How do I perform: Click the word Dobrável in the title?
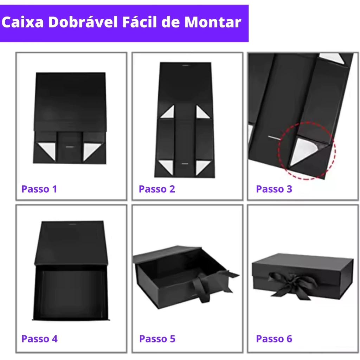pyautogui.click(x=83, y=22)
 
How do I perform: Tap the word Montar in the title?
pyautogui.click(x=213, y=22)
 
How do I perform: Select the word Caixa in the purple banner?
pyautogui.click(x=22, y=22)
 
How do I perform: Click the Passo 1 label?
pyautogui.click(x=39, y=189)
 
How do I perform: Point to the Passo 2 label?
pyautogui.click(x=157, y=189)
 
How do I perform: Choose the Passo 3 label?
pyautogui.click(x=274, y=189)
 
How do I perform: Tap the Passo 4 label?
pyautogui.click(x=39, y=339)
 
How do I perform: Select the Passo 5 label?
pyautogui.click(x=157, y=339)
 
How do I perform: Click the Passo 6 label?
pyautogui.click(x=274, y=339)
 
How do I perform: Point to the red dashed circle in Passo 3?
pyautogui.click(x=278, y=150)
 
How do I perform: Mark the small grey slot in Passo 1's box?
pyautogui.click(x=70, y=147)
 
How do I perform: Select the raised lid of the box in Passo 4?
pyautogui.click(x=71, y=243)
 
